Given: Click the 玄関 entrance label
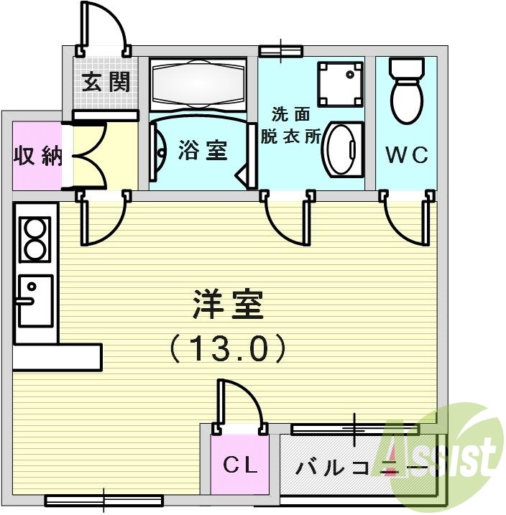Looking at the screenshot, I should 105,82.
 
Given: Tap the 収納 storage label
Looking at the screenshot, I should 38,157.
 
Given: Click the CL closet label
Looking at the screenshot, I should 239,465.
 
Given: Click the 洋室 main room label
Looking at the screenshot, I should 229,305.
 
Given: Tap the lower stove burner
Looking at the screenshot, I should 34,249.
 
